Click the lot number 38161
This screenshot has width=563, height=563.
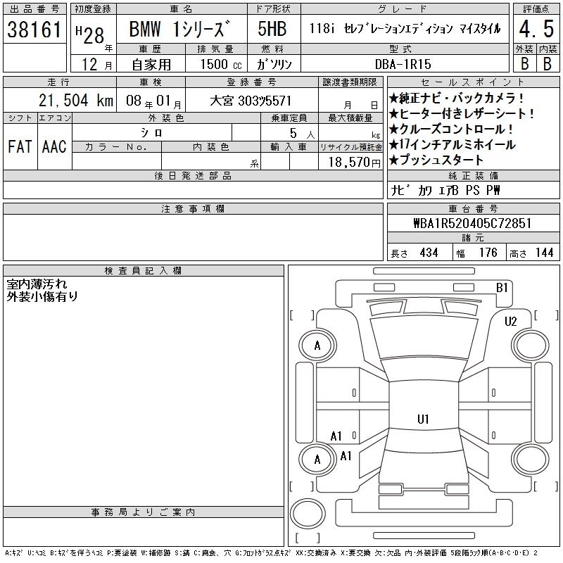34,30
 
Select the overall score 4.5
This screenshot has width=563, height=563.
536,29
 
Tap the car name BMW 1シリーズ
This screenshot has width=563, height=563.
179,29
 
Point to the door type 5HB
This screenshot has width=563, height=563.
272,29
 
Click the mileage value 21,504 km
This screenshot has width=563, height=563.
76,101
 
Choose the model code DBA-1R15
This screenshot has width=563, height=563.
403,64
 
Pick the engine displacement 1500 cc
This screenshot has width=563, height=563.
221,64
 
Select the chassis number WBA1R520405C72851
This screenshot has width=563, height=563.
472,223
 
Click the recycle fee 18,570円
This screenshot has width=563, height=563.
355,163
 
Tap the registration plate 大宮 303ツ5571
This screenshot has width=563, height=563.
251,101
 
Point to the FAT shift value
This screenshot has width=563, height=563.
20,147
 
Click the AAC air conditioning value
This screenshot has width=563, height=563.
54,147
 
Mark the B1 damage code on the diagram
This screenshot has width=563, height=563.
502,288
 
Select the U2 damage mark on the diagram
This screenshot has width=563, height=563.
511,322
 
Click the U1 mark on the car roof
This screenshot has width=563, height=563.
423,419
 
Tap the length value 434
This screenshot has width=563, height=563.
429,253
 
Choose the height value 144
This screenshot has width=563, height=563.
544,253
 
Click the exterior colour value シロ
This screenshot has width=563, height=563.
151,133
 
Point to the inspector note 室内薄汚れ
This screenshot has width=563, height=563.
37,284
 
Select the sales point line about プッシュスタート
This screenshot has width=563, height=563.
436,160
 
